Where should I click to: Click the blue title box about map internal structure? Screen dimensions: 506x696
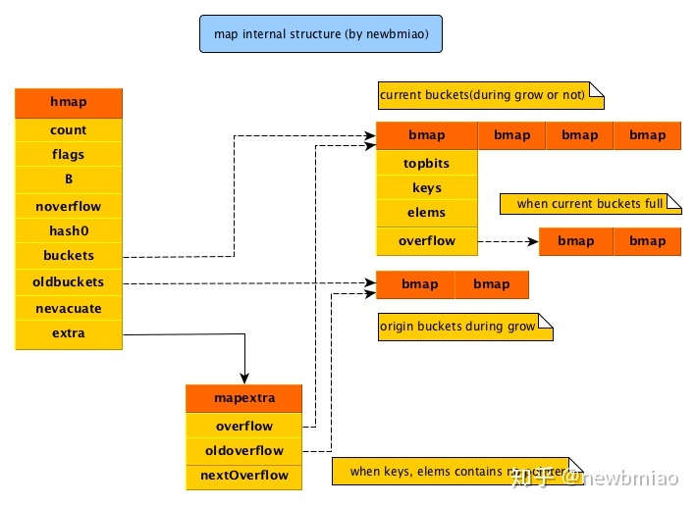[x=320, y=34]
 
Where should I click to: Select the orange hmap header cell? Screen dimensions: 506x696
[x=69, y=102]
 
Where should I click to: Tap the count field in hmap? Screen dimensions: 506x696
[x=69, y=130]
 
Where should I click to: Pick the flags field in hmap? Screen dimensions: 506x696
[x=69, y=155]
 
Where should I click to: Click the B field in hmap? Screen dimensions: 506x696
[x=69, y=180]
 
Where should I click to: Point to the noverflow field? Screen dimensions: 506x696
[x=69, y=206]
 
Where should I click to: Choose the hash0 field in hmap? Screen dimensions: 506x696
[x=69, y=231]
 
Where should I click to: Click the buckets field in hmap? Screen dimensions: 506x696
[x=69, y=256]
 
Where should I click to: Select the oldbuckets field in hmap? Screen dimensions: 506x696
[x=69, y=282]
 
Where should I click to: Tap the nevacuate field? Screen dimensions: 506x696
[x=69, y=308]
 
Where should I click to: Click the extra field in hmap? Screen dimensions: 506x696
[x=69, y=333]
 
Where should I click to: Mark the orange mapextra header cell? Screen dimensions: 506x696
[x=244, y=399]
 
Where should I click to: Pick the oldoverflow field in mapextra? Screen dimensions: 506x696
[x=244, y=451]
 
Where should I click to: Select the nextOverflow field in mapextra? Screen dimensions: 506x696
[x=244, y=476]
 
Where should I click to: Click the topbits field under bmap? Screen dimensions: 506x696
[x=427, y=164]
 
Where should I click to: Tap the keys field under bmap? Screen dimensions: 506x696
[x=427, y=188]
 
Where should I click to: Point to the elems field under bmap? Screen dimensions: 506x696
[x=427, y=213]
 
